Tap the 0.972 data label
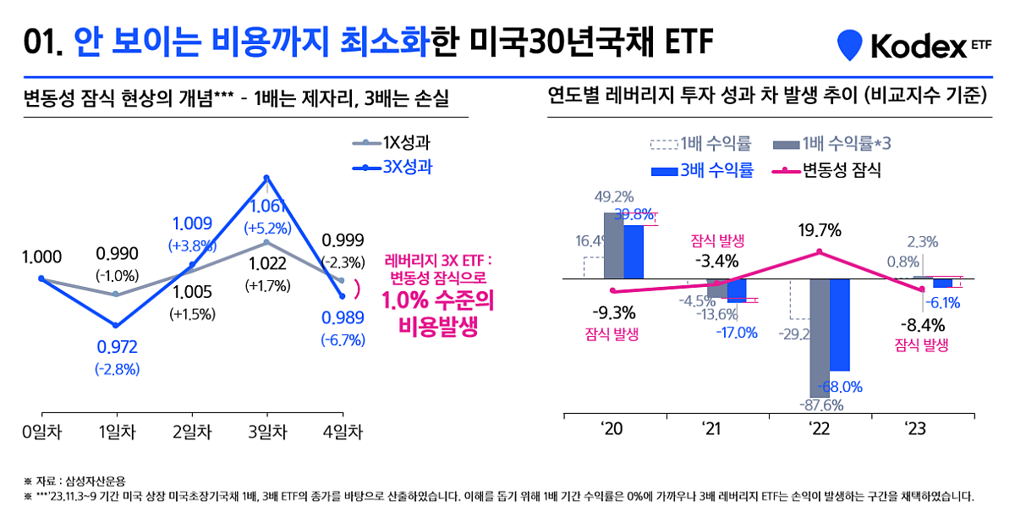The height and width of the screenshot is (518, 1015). pyautogui.click(x=118, y=347)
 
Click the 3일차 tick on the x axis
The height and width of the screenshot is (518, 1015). pyautogui.click(x=266, y=432)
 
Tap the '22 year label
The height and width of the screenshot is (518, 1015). pyautogui.click(x=819, y=428)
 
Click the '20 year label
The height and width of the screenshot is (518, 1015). pyautogui.click(x=613, y=428)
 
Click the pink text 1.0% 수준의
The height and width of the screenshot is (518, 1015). pyautogui.click(x=437, y=300)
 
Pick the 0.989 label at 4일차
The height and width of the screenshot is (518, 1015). pyautogui.click(x=343, y=318)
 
